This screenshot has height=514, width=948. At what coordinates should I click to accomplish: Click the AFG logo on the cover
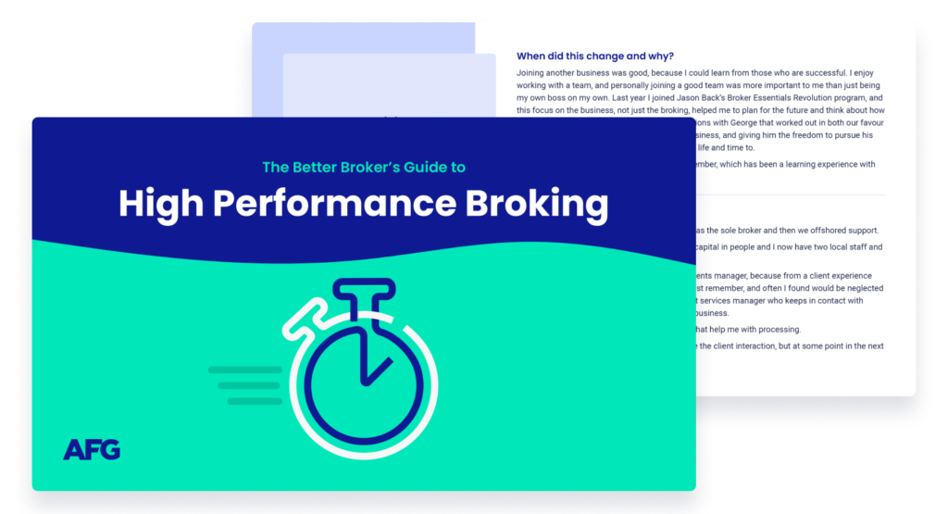(92, 449)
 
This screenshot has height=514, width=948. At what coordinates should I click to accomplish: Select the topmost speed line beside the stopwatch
(244, 370)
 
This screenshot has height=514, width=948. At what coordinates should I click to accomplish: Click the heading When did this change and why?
(594, 56)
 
